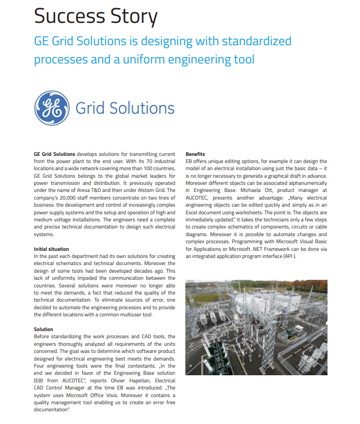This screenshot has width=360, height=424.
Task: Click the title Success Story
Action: click(x=95, y=16)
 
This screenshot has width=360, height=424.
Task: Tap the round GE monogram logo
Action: click(x=52, y=108)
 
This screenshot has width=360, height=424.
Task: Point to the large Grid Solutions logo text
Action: click(x=125, y=108)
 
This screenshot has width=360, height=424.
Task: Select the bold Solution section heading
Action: click(x=44, y=330)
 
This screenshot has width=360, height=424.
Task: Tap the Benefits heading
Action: click(x=195, y=154)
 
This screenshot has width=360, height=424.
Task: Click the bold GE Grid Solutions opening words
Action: click(x=54, y=154)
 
